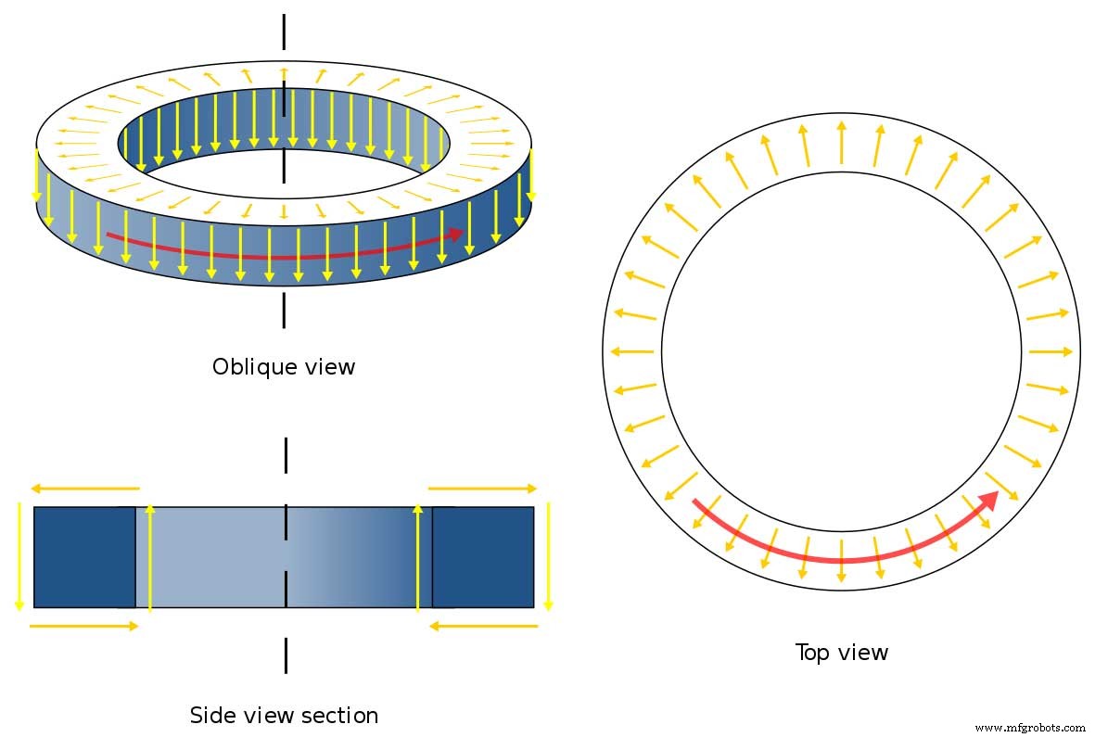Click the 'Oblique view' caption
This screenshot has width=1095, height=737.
[x=283, y=366]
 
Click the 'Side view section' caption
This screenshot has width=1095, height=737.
[x=284, y=716]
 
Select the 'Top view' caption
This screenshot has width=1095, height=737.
[x=841, y=653]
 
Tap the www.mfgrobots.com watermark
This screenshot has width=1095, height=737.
[x=1030, y=728]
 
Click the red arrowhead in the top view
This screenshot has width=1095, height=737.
[x=990, y=501]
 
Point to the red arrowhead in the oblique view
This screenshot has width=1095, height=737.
[x=455, y=234]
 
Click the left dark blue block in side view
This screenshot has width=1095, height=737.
[x=84, y=556]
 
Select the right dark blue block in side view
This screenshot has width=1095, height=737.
[x=483, y=556]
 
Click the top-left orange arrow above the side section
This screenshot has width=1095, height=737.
[x=84, y=488]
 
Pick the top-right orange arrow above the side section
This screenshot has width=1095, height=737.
[x=482, y=488]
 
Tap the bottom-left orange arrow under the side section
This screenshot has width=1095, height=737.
[x=84, y=626]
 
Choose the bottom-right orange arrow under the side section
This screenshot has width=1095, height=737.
[x=483, y=626]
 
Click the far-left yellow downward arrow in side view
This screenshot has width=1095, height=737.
[x=19, y=556]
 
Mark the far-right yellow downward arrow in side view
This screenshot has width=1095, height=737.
[x=548, y=556]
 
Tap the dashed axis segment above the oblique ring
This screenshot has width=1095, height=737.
[x=284, y=32]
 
